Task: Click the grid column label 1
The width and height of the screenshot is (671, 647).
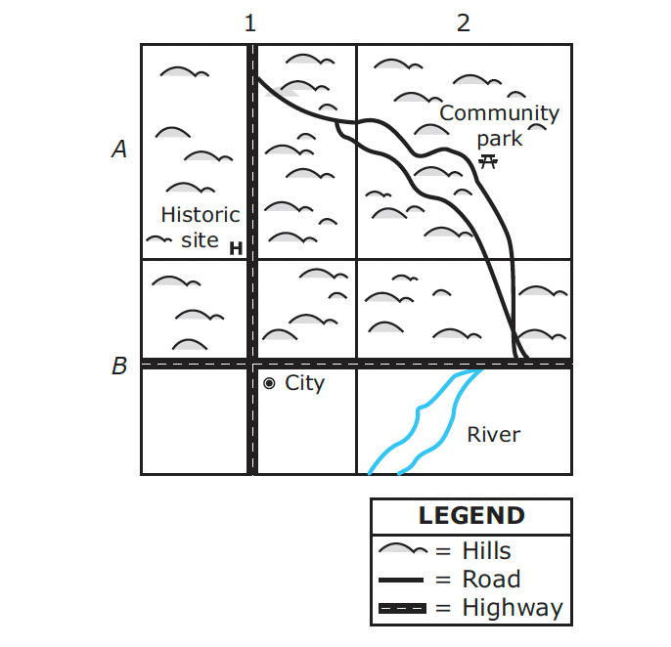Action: click(x=250, y=23)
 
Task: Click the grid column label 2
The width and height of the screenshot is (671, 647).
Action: click(x=464, y=23)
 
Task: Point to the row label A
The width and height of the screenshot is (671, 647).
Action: click(x=119, y=149)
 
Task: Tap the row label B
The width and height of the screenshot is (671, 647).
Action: click(x=119, y=366)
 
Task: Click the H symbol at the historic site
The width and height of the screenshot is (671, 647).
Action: click(x=236, y=248)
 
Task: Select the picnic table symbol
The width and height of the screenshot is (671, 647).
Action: click(x=488, y=161)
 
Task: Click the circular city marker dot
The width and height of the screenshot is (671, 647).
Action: click(x=269, y=383)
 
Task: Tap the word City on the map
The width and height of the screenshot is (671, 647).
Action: click(x=305, y=383)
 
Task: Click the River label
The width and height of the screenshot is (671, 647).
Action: click(x=494, y=435)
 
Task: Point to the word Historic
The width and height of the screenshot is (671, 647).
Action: click(x=201, y=215)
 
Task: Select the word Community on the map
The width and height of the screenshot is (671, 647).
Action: click(x=500, y=113)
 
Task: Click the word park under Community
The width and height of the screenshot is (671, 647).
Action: click(x=500, y=140)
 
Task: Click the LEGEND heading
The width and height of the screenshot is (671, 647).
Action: click(x=471, y=515)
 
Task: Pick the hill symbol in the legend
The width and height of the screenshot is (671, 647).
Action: click(x=403, y=548)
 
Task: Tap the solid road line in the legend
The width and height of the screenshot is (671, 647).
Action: click(x=401, y=580)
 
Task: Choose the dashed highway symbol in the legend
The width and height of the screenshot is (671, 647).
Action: click(x=403, y=608)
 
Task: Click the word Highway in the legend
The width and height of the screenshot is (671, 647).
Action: click(x=513, y=608)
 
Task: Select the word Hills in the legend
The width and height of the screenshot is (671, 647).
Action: click(x=486, y=550)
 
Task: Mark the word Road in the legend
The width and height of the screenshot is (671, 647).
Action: click(x=491, y=580)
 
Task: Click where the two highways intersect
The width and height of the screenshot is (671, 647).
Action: click(x=252, y=364)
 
